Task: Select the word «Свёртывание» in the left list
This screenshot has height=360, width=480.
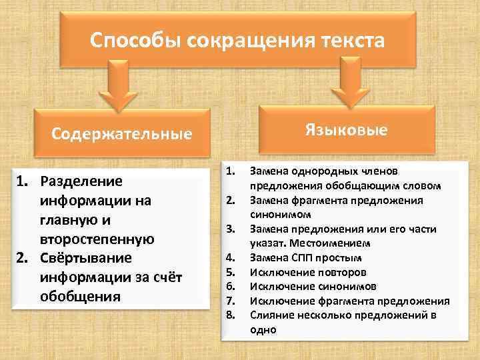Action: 86,258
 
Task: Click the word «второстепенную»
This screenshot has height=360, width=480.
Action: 97,239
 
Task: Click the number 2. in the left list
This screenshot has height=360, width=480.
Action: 24,258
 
